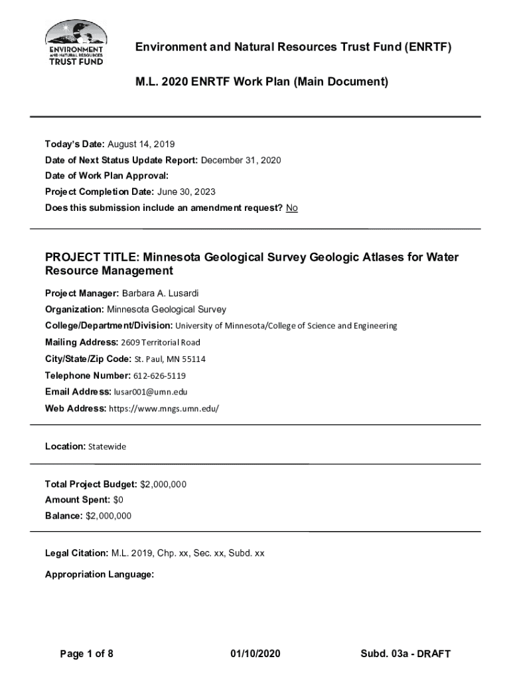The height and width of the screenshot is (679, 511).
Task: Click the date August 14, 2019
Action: (141, 144)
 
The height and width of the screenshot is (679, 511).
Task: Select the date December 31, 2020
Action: (241, 160)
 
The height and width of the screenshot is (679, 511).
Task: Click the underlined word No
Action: (292, 208)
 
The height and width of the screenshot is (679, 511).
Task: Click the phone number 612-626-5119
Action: (159, 376)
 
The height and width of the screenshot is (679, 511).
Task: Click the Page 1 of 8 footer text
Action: (86, 654)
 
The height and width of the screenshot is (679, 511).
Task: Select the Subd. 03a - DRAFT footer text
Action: (405, 654)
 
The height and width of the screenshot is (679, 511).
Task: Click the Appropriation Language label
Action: (100, 575)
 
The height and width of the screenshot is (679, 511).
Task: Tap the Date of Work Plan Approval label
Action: (107, 176)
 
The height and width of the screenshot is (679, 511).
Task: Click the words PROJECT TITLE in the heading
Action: (92, 257)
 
